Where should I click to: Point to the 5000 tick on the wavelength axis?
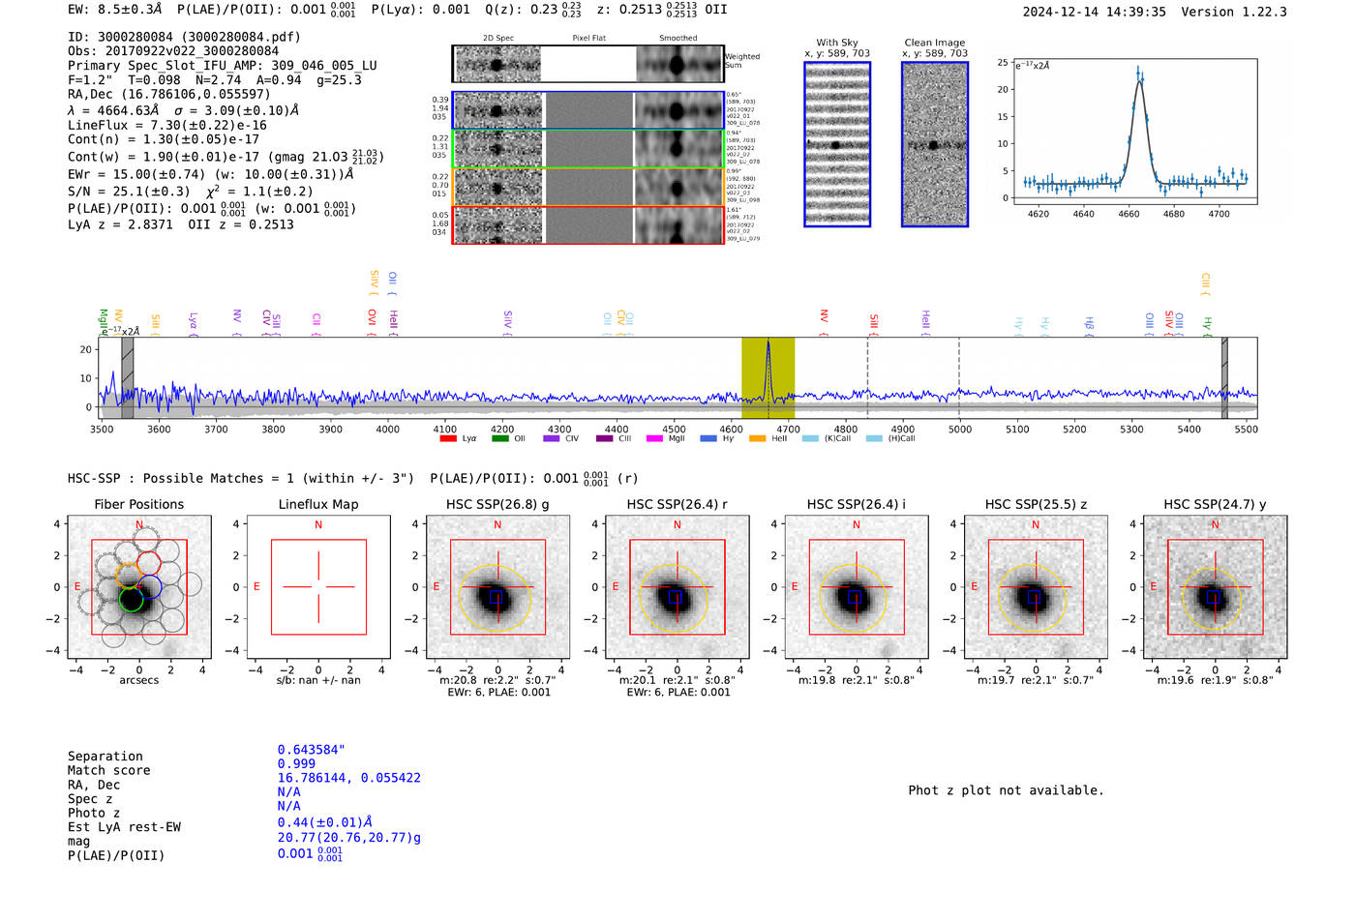959,429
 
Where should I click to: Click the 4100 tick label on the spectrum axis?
444,429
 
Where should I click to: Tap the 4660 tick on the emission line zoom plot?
1129,214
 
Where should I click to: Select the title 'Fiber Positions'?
138,504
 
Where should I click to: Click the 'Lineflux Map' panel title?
318,504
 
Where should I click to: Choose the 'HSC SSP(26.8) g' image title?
497,504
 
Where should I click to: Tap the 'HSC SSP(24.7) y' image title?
1215,504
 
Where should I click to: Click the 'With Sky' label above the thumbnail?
836,43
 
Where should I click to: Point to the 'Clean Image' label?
934,43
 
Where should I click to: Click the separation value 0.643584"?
311,750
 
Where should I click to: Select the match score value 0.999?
296,763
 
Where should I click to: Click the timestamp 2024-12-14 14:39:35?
1094,12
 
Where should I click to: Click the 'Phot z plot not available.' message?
1006,790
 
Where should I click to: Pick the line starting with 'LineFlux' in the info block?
166,125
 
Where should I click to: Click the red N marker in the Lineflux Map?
318,525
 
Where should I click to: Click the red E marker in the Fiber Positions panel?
77,586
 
